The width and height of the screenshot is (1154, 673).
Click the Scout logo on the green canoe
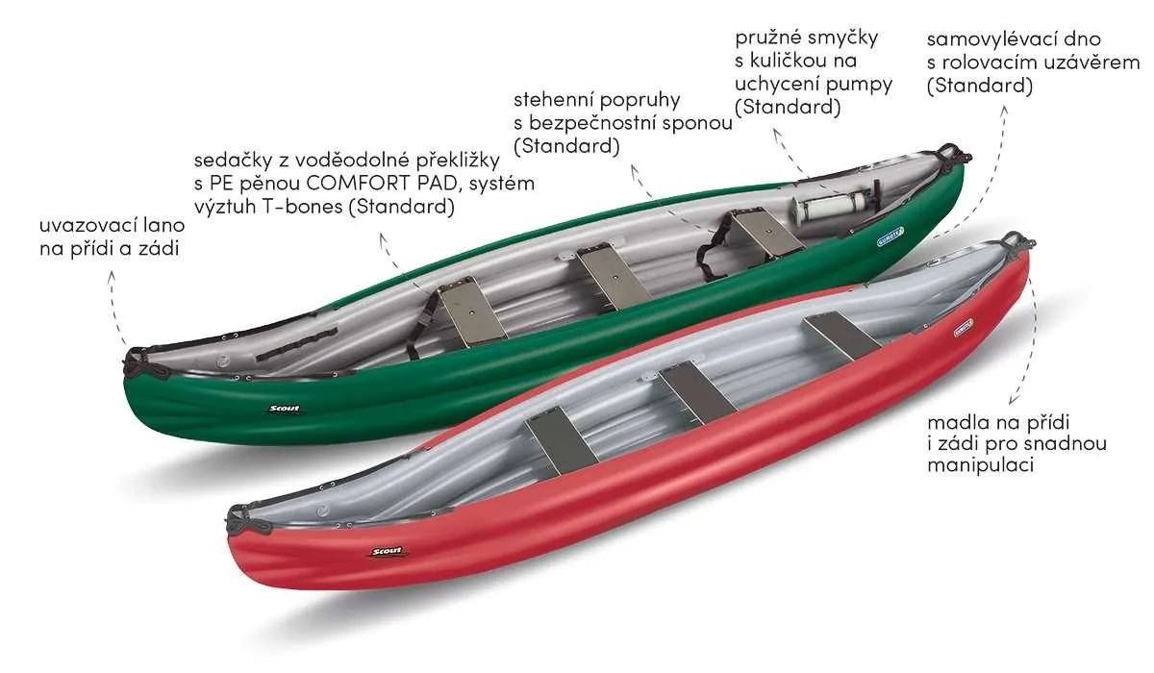pyautogui.click(x=282, y=408)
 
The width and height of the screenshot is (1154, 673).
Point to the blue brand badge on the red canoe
pyautogui.click(x=940, y=328)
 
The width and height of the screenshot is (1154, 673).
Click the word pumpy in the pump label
pyautogui.click(x=856, y=84)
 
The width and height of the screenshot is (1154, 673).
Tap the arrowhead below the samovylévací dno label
pyautogui.click(x=1005, y=107)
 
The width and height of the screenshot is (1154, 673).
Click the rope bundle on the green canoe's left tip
pyautogui.click(x=140, y=361)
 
